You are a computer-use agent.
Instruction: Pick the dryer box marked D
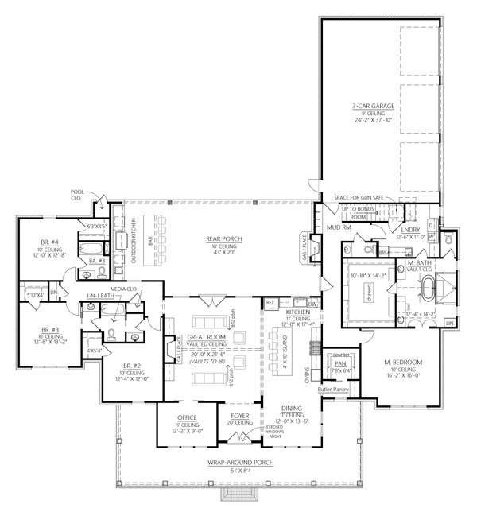pos(430,237)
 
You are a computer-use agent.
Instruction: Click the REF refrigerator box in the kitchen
pos(270,302)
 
